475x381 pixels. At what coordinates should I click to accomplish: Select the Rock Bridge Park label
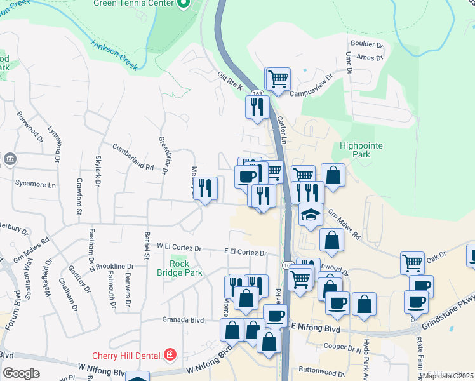pyautogui.click(x=180, y=268)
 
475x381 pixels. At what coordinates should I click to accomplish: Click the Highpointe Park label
pyautogui.click(x=362, y=150)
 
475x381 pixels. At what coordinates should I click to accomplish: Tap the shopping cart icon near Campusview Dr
pyautogui.click(x=278, y=79)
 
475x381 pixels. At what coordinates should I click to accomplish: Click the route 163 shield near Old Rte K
pyautogui.click(x=257, y=93)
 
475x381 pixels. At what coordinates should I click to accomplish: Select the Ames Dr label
pyautogui.click(x=371, y=57)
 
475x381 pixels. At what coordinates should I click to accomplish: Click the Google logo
pyautogui.click(x=22, y=373)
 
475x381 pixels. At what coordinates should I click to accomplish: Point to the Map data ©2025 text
pyautogui.click(x=447, y=375)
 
